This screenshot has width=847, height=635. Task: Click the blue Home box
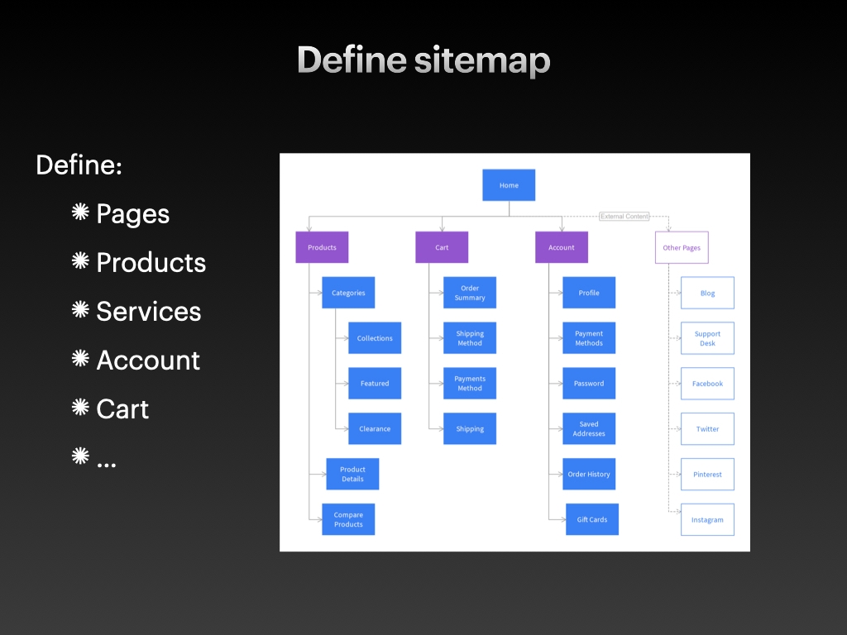(509, 185)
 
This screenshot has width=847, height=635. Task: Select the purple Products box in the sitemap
(322, 247)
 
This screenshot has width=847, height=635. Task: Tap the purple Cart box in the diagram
(442, 247)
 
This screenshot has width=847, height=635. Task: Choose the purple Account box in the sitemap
(562, 247)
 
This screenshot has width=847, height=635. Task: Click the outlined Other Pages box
(682, 247)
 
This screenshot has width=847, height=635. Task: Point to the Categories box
(348, 293)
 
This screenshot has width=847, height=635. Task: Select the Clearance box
(375, 428)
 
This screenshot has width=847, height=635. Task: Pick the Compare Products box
(348, 519)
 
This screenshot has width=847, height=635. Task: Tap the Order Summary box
(470, 293)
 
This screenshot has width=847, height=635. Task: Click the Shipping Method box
(470, 338)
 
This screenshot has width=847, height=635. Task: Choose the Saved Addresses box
(589, 428)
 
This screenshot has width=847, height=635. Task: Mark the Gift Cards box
(592, 519)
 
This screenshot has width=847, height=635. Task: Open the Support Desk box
(707, 338)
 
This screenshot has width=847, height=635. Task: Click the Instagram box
(707, 519)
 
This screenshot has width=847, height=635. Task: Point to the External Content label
(624, 217)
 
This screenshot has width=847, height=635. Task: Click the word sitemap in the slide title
(482, 60)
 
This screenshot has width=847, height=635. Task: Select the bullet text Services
(149, 312)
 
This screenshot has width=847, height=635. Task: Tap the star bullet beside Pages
(80, 212)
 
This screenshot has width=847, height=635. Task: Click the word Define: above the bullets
(79, 165)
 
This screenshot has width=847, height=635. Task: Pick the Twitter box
(707, 428)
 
